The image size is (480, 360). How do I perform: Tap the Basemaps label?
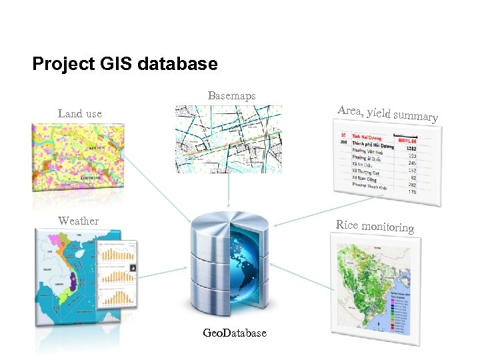click(x=231, y=96)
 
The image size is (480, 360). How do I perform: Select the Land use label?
click(x=80, y=113)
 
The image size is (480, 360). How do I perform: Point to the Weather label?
click(x=78, y=221)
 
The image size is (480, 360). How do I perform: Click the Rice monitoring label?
click(x=375, y=226)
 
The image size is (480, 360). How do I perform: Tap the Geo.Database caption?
click(x=235, y=333)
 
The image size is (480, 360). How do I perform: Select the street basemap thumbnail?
click(x=228, y=139)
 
